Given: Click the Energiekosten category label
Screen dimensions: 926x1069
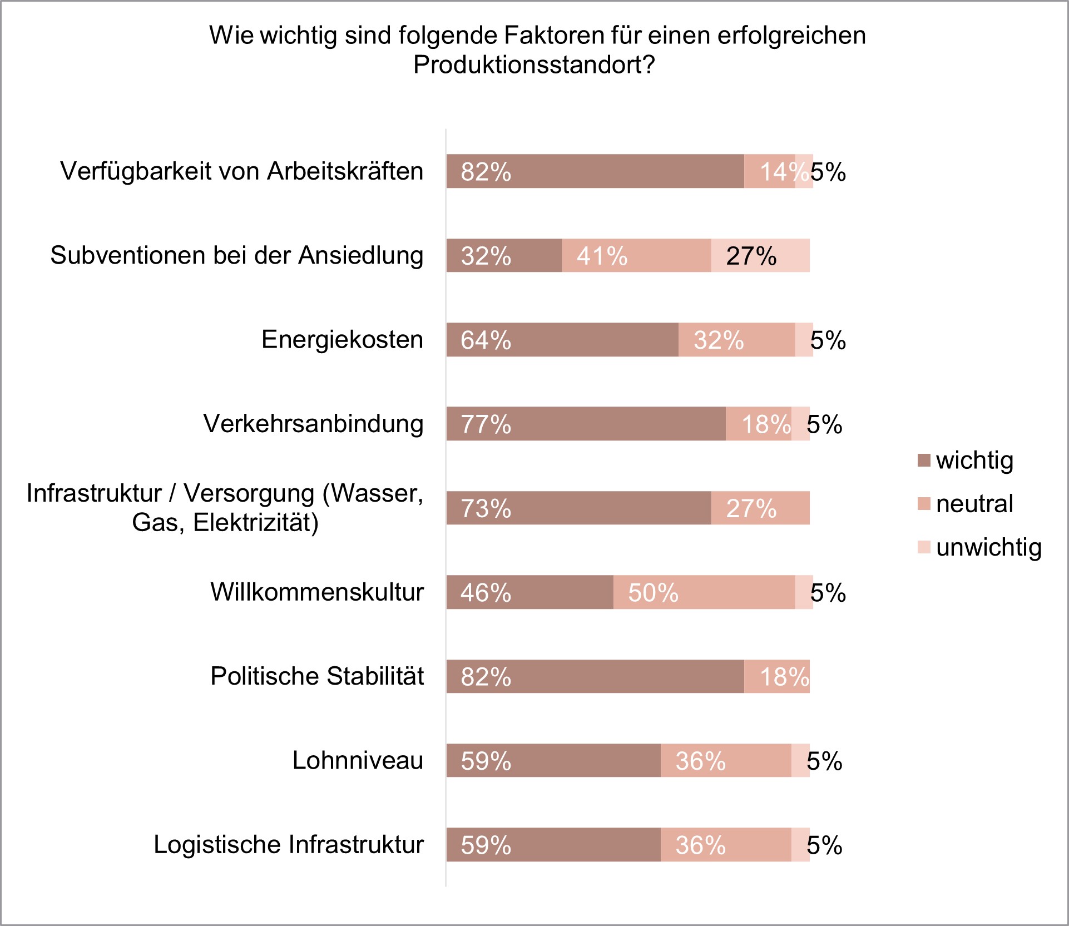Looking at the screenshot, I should click(x=342, y=339).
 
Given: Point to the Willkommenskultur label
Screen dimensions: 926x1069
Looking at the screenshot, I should click(x=316, y=592).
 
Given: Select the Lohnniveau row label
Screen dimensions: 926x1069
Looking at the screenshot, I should click(x=358, y=760).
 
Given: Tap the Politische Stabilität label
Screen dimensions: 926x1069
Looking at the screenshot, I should click(x=316, y=676).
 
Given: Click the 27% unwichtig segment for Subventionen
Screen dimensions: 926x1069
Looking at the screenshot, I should click(x=760, y=256).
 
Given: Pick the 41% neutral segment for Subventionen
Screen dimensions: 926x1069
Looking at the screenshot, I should click(x=636, y=256).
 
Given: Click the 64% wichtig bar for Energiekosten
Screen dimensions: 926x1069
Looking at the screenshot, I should click(x=562, y=340).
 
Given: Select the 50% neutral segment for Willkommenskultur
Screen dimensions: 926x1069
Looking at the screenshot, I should click(x=704, y=592).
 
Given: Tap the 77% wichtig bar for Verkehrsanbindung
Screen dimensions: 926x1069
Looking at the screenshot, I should click(x=586, y=424).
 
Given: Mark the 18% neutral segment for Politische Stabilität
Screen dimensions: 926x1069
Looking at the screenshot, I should click(x=776, y=677).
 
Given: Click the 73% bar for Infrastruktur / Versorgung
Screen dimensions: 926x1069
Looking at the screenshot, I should click(x=578, y=508).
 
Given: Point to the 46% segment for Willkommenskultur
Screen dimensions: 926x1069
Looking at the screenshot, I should click(x=529, y=592).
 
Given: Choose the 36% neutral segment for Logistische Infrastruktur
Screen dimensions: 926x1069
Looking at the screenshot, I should click(x=726, y=845).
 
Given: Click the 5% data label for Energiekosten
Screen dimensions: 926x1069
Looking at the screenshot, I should click(x=828, y=340).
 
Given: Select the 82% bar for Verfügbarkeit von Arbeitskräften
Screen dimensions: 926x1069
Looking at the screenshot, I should click(x=595, y=171).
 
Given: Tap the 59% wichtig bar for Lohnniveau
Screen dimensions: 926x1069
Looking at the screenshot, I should click(x=553, y=761).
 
